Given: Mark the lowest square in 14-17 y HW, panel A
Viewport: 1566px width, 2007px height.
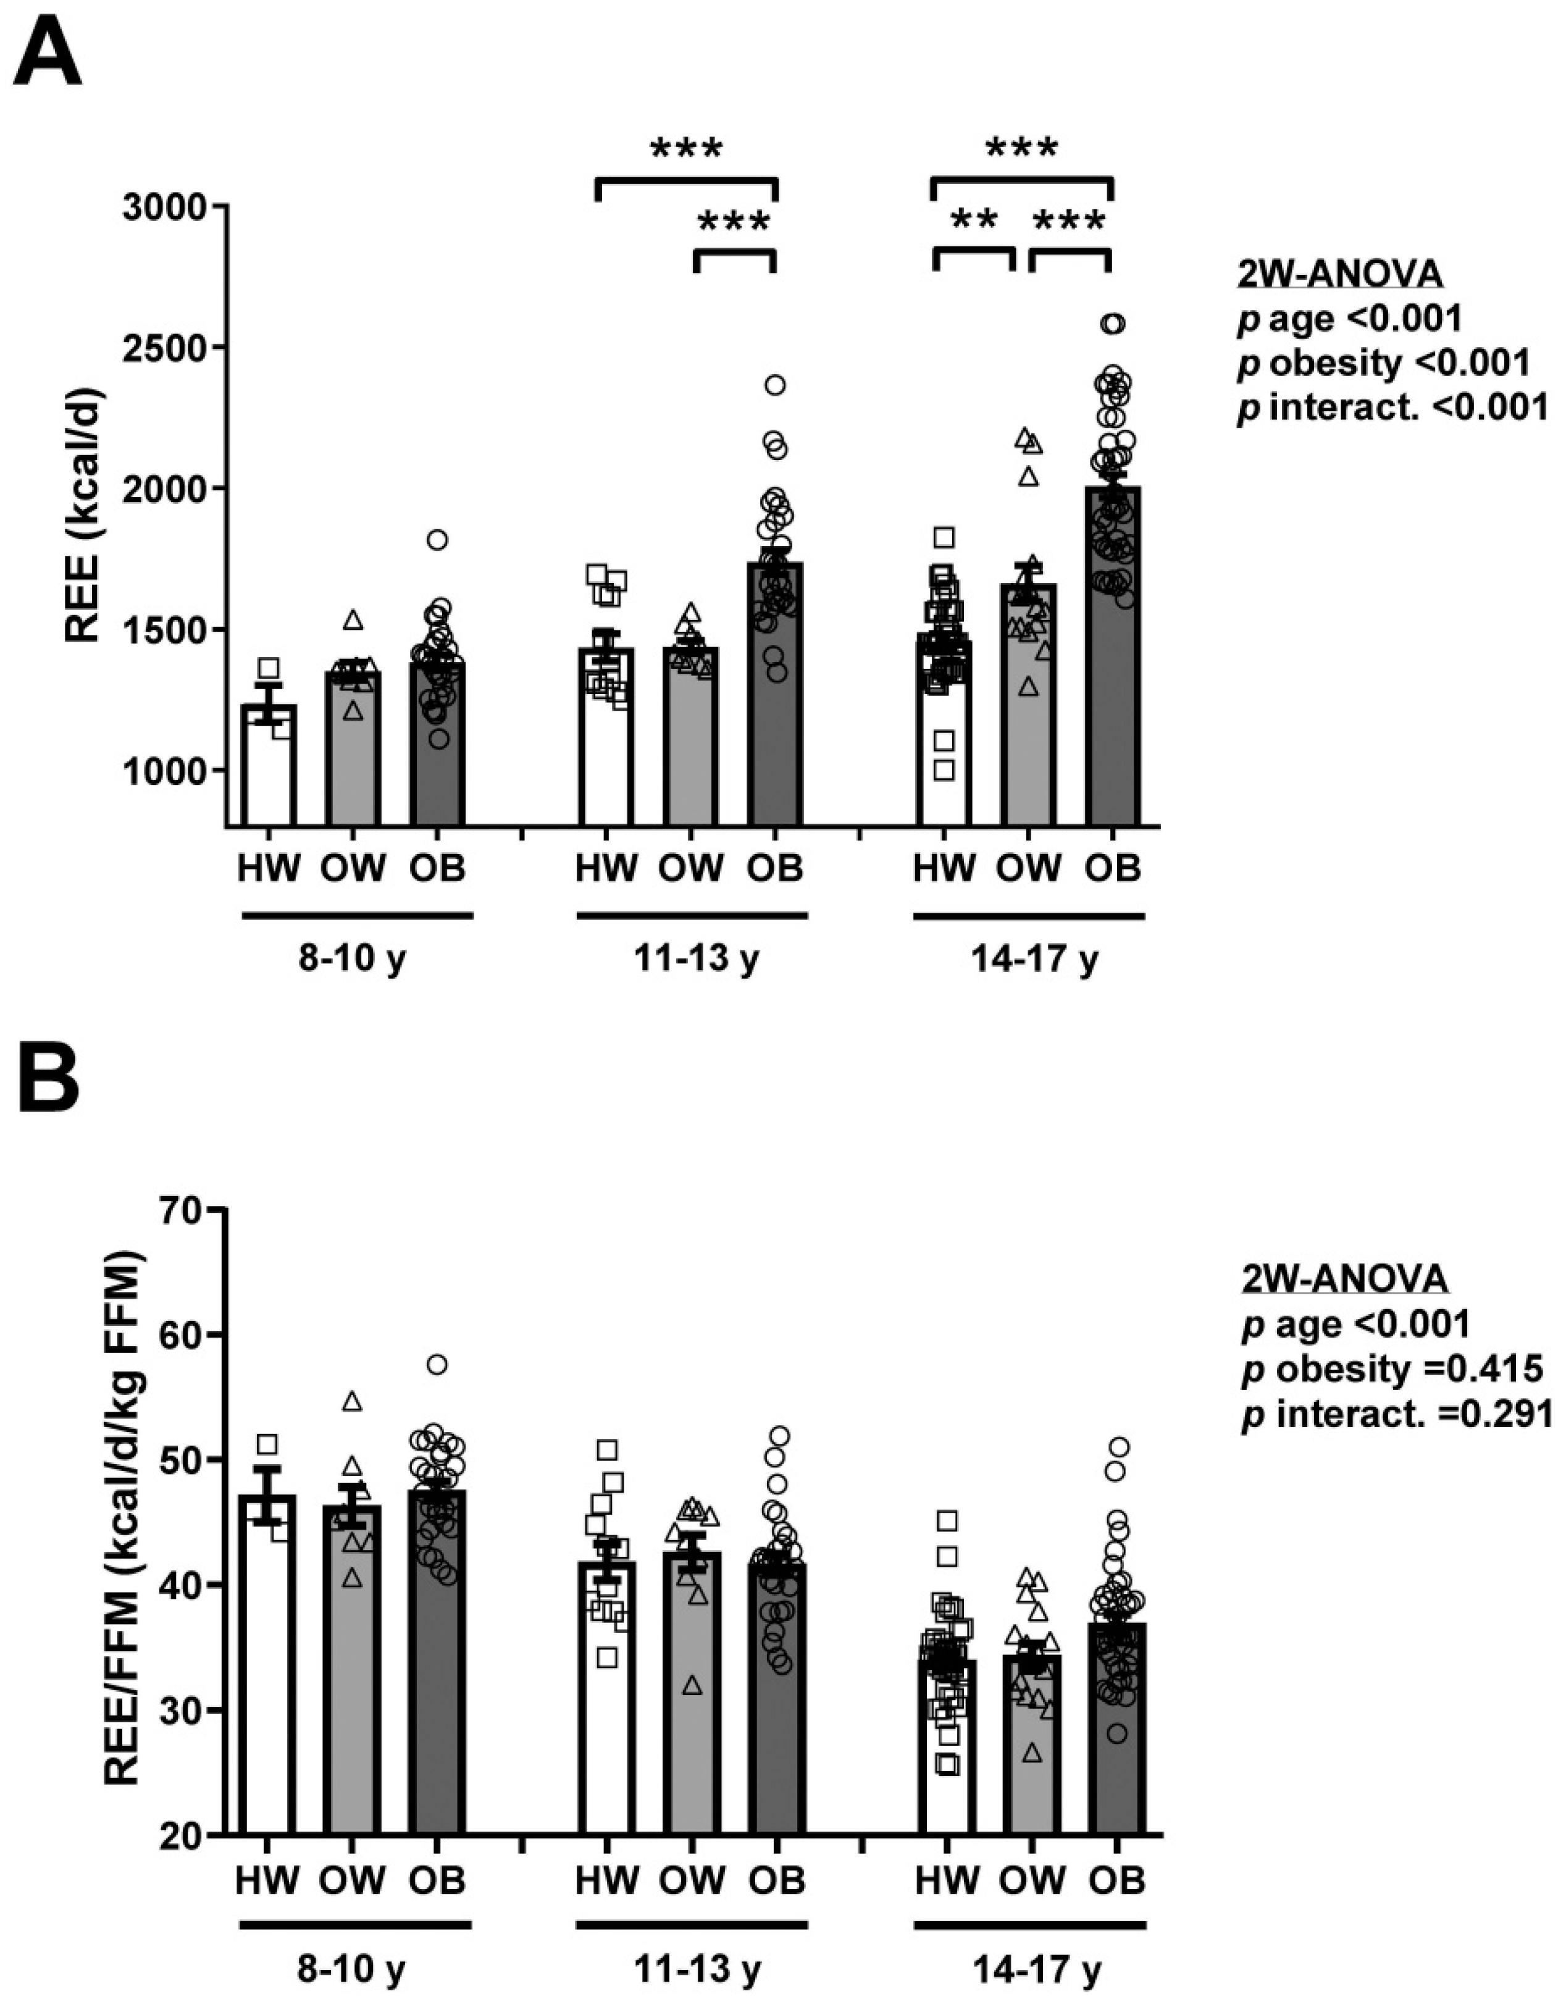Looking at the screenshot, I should pos(944,770).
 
